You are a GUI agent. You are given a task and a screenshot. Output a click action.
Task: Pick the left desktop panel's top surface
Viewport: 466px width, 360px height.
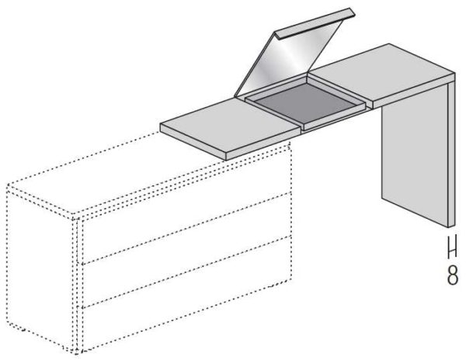[x=231, y=125]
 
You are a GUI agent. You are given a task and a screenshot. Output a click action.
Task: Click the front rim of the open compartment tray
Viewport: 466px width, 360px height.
[x=334, y=116]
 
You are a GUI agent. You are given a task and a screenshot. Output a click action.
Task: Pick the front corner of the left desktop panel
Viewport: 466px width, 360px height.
[x=226, y=161]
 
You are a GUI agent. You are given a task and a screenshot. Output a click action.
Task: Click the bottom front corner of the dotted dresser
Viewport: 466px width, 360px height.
[x=77, y=353]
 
